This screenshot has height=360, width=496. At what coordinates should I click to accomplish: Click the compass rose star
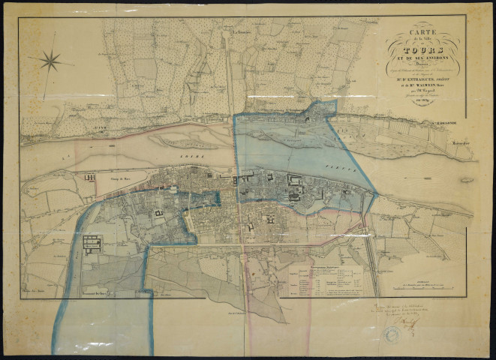pyautogui.click(x=51, y=61)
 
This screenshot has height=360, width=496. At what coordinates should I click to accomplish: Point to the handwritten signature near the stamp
pyautogui.click(x=411, y=322)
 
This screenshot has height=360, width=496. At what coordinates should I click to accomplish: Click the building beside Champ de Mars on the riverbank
pyautogui.click(x=91, y=177)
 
